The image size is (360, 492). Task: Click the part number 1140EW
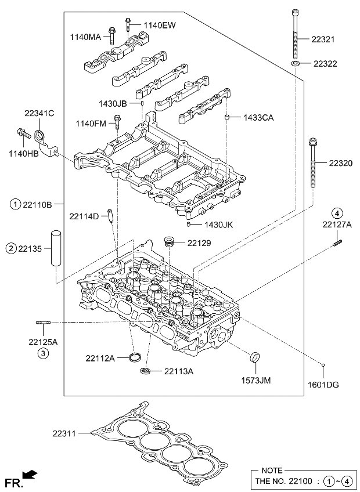click(x=159, y=25)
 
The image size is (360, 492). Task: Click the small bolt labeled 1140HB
click(x=23, y=133)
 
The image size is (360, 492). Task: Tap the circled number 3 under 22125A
click(x=43, y=353)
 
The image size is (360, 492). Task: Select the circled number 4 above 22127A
click(x=337, y=212)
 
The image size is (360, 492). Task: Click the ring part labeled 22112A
click(x=135, y=356)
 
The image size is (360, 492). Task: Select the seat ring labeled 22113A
click(x=145, y=370)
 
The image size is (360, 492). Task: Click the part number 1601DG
click(x=323, y=384)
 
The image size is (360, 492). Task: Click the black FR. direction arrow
click(x=31, y=475)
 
